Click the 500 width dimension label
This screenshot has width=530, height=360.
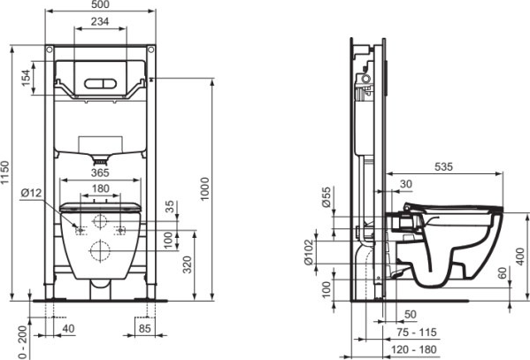click(100, 4)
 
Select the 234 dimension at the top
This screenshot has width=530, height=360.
click(100, 21)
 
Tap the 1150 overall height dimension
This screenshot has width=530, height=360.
click(5, 172)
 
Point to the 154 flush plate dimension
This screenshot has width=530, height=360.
click(26, 78)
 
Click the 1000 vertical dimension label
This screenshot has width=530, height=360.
click(205, 188)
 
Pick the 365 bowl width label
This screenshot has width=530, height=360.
click(100, 172)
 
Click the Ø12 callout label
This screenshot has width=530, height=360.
click(31, 193)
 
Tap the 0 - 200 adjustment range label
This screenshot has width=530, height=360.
click(22, 342)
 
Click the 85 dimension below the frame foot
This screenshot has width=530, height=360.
click(145, 328)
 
